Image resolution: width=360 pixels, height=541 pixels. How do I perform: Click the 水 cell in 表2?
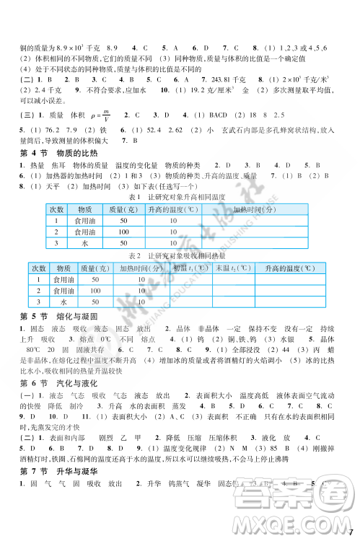(x=63, y=302)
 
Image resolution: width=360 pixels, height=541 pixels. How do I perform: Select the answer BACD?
(x=211, y=115)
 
